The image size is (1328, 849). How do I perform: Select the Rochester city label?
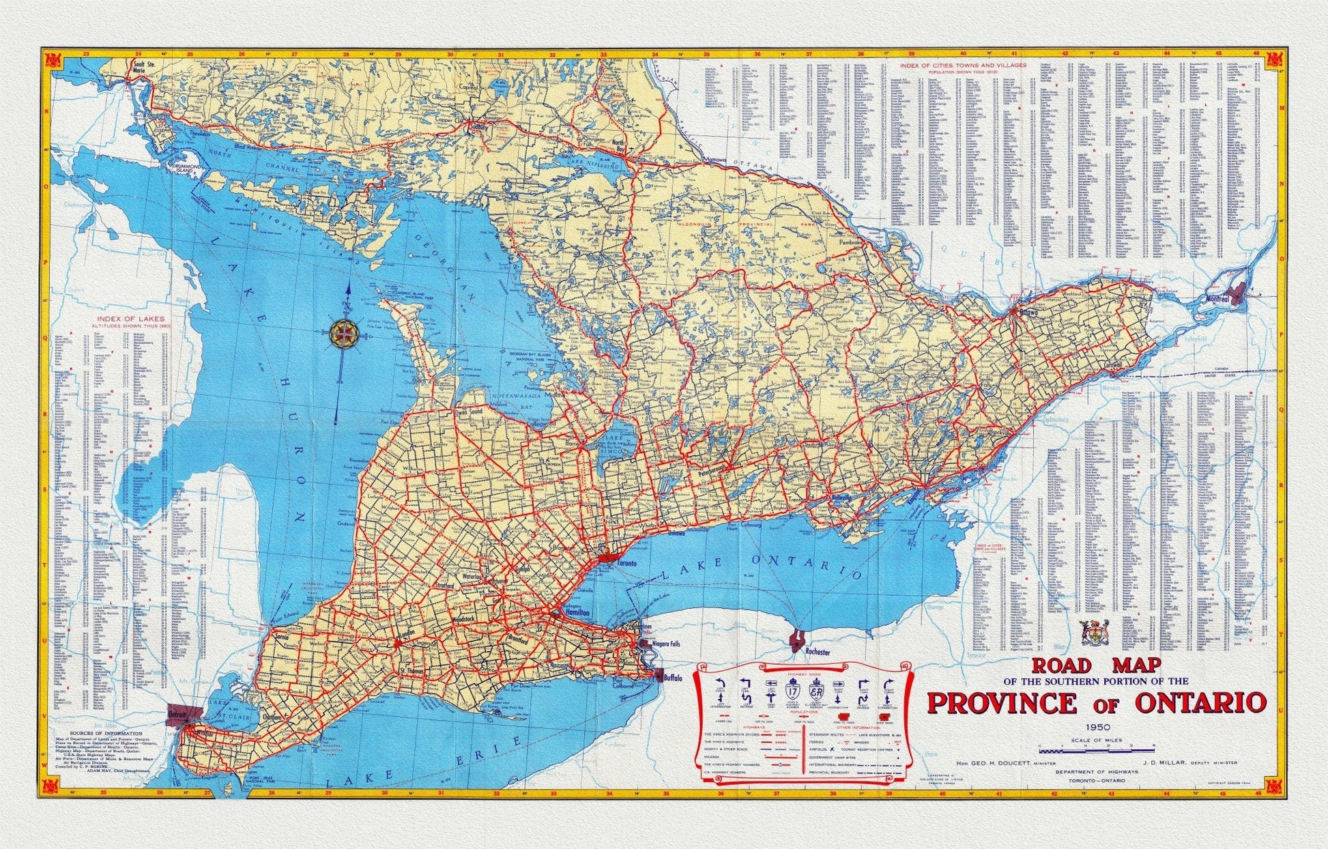pyautogui.click(x=817, y=652)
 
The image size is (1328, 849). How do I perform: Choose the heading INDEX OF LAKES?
pyautogui.click(x=130, y=319)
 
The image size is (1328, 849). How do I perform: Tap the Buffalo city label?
pyautogui.click(x=673, y=678)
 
